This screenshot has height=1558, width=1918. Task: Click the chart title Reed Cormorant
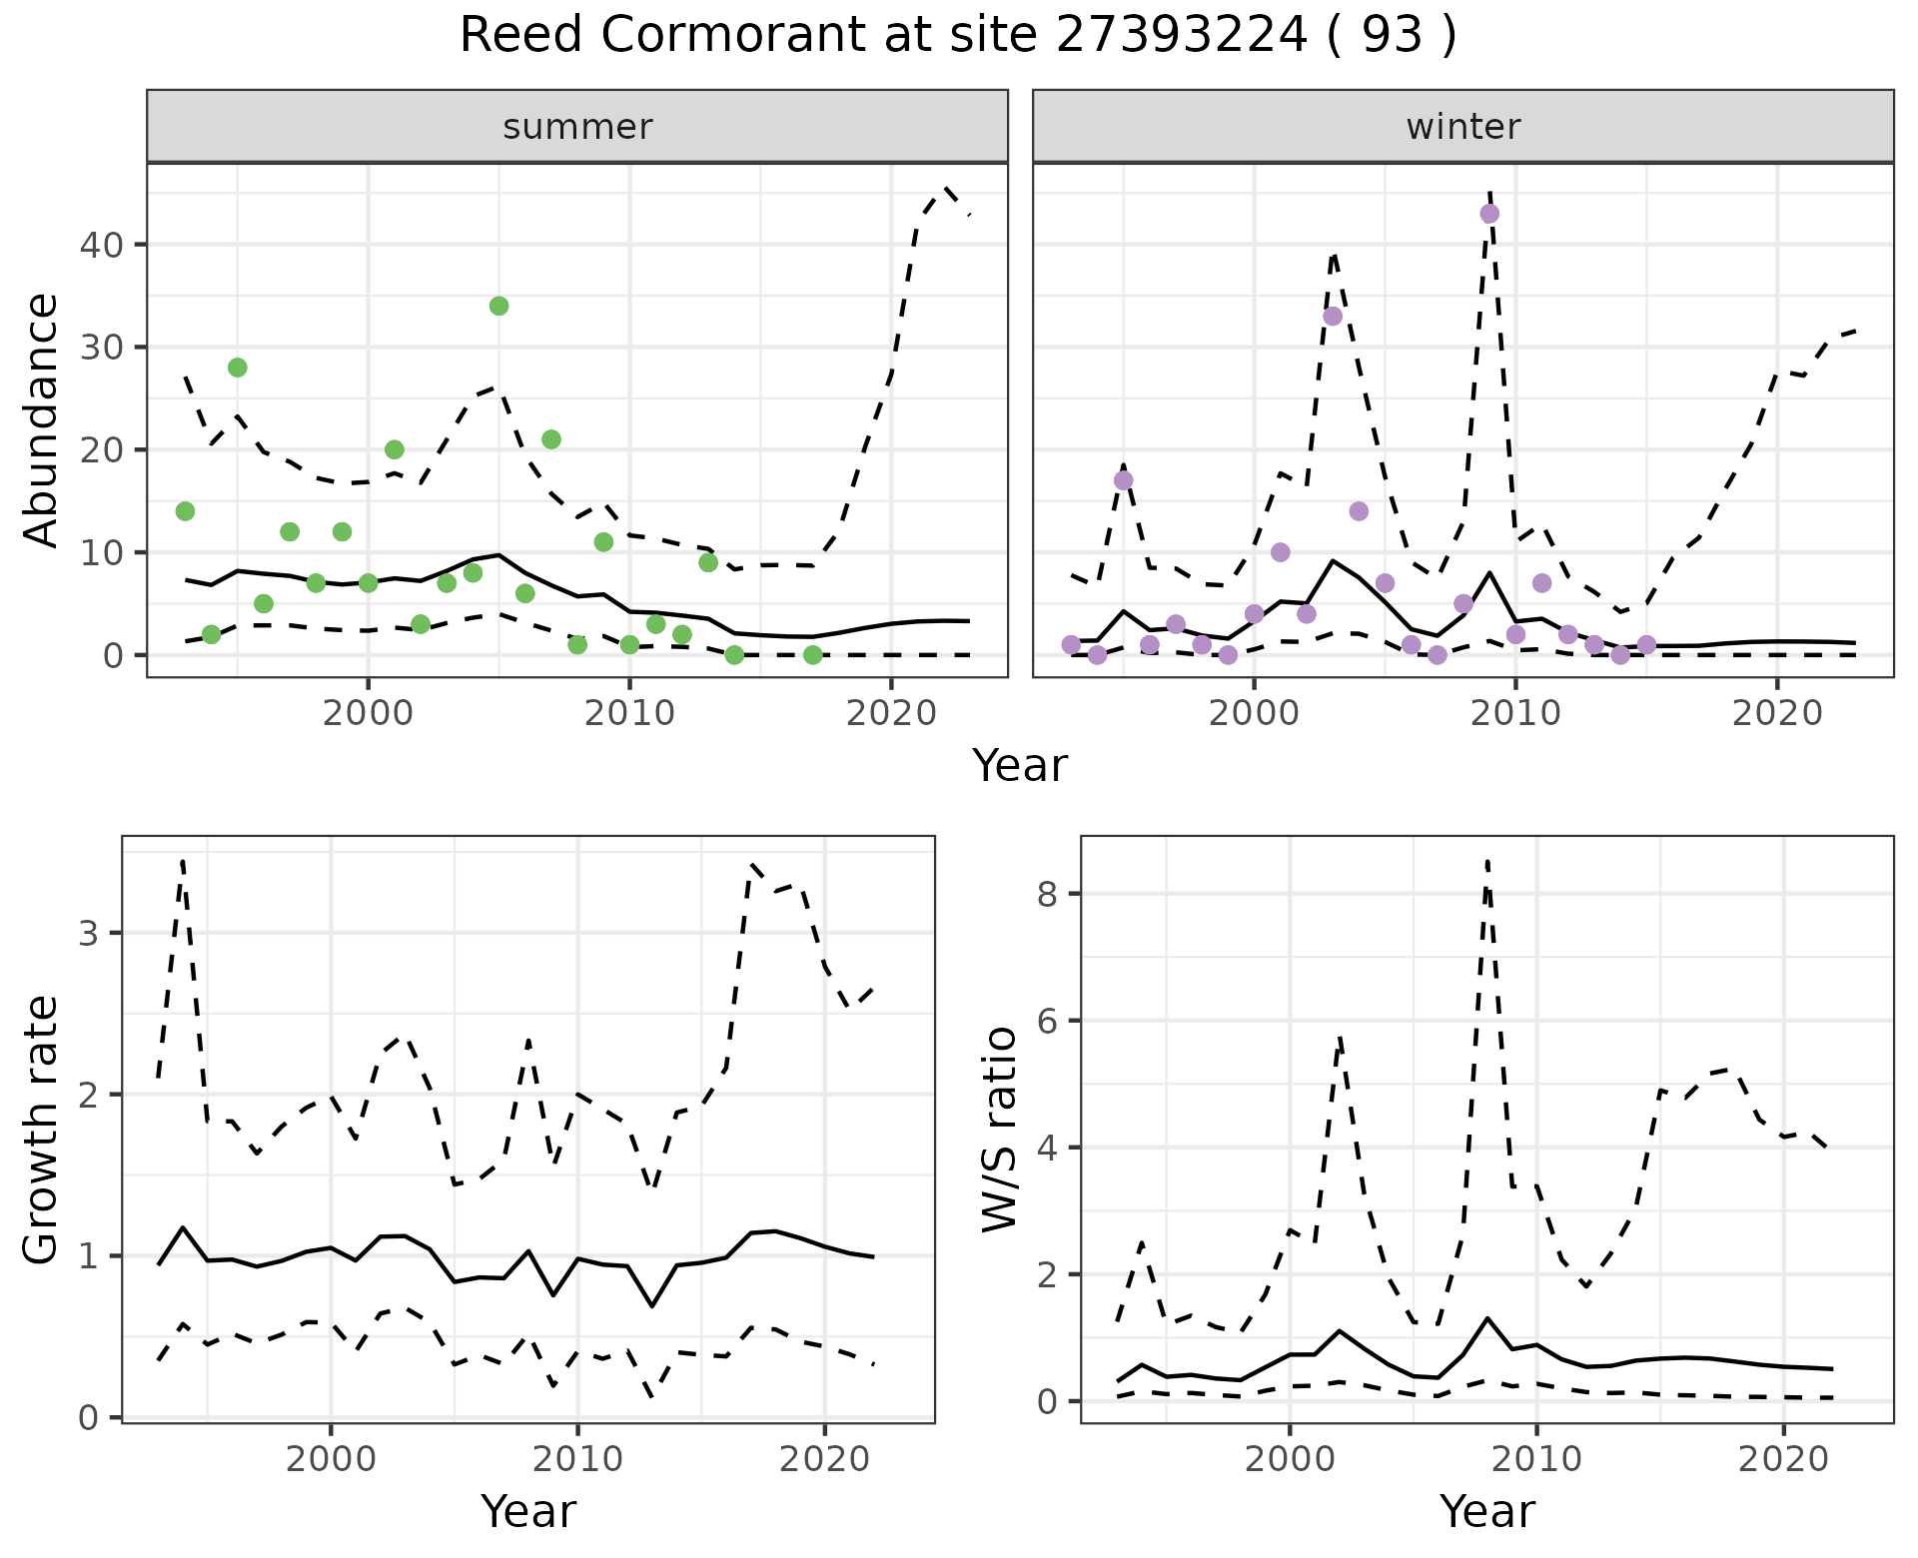[x=957, y=36]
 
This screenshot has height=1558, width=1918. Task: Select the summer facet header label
[x=577, y=127]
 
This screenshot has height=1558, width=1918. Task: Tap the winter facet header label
[x=1462, y=127]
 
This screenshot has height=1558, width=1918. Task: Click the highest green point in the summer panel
[x=498, y=306]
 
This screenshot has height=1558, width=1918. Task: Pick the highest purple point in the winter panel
[x=1489, y=214]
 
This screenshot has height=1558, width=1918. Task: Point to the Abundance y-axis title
[x=41, y=419]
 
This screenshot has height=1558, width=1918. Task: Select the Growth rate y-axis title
[x=41, y=1130]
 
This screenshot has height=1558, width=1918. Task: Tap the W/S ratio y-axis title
[x=1000, y=1130]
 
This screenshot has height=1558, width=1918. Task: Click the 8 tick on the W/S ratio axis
[x=1047, y=894]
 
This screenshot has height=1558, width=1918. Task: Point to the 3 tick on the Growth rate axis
[x=88, y=934]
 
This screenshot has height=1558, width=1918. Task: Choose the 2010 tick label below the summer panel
[x=629, y=713]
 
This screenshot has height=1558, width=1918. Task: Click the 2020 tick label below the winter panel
[x=1776, y=713]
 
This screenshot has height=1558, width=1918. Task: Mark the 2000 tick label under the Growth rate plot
[x=331, y=1459]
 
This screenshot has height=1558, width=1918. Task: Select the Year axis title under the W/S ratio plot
[x=1486, y=1512]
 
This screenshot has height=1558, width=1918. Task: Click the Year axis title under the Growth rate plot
[x=527, y=1512]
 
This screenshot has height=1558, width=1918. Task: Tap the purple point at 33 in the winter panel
[x=1333, y=317]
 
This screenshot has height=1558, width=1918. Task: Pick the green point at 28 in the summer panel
[x=237, y=368]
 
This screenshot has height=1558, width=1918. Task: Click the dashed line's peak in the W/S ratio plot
[x=1487, y=861]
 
